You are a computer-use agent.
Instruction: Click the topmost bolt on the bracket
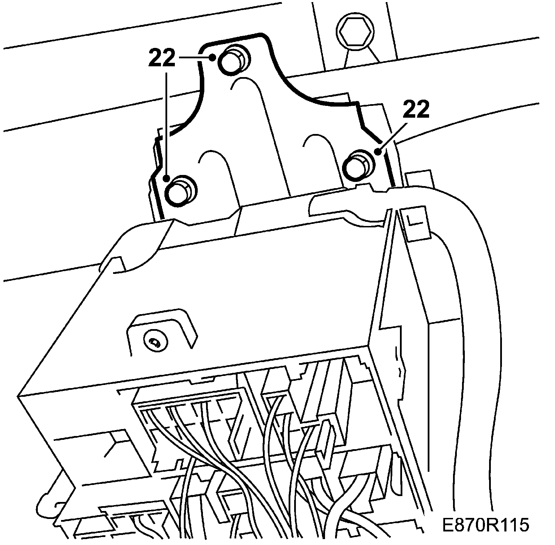(x=232, y=60)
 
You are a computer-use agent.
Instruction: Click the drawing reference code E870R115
(x=486, y=525)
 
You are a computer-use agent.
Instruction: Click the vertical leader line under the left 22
(x=167, y=125)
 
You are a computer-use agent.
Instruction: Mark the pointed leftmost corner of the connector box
(x=18, y=395)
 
